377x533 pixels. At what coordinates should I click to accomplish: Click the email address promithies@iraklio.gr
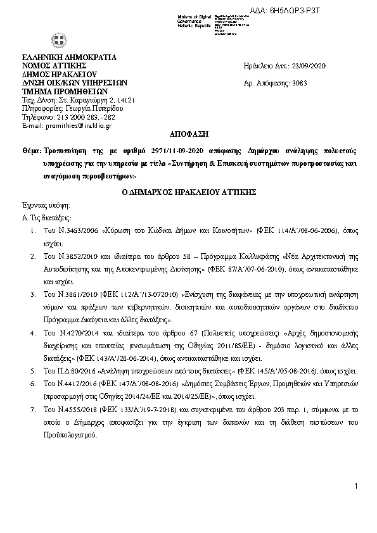tap(76, 126)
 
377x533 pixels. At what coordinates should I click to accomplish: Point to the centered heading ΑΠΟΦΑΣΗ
tap(188, 134)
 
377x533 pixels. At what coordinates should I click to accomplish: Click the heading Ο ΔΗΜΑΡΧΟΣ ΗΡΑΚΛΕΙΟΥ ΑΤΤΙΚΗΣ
tap(188, 190)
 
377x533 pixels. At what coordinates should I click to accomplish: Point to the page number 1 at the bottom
tap(357, 503)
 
